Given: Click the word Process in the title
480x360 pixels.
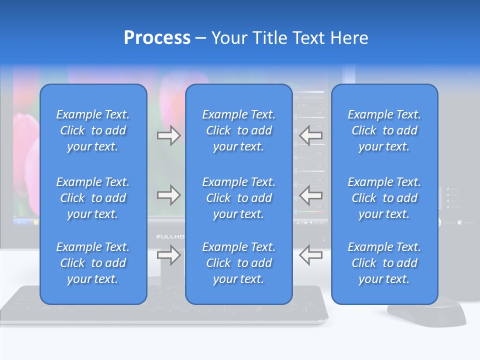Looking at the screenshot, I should point(157,38).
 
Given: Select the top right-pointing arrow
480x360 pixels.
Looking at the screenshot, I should point(168,135).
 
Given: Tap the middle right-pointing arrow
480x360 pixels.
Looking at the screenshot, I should point(168,195).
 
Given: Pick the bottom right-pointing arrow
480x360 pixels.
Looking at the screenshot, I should point(168,255).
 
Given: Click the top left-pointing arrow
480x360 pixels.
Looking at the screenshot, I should point(311,135).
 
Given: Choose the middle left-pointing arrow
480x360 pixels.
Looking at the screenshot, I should point(311,195).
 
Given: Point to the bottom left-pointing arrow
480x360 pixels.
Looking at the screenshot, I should point(311,255).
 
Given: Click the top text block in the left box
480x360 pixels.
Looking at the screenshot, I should point(93,130).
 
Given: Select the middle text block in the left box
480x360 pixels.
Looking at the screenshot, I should point(93,198).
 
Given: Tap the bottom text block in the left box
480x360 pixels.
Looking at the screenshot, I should point(93,263).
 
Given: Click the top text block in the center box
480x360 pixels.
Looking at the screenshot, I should point(238,130).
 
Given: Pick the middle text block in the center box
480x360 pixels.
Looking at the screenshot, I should point(238,198).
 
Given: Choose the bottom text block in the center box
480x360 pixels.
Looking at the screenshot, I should point(238,263).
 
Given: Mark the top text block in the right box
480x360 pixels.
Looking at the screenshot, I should point(384,130).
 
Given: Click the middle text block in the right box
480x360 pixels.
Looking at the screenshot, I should point(384,198).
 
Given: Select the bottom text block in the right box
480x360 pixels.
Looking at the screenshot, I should point(384,263).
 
